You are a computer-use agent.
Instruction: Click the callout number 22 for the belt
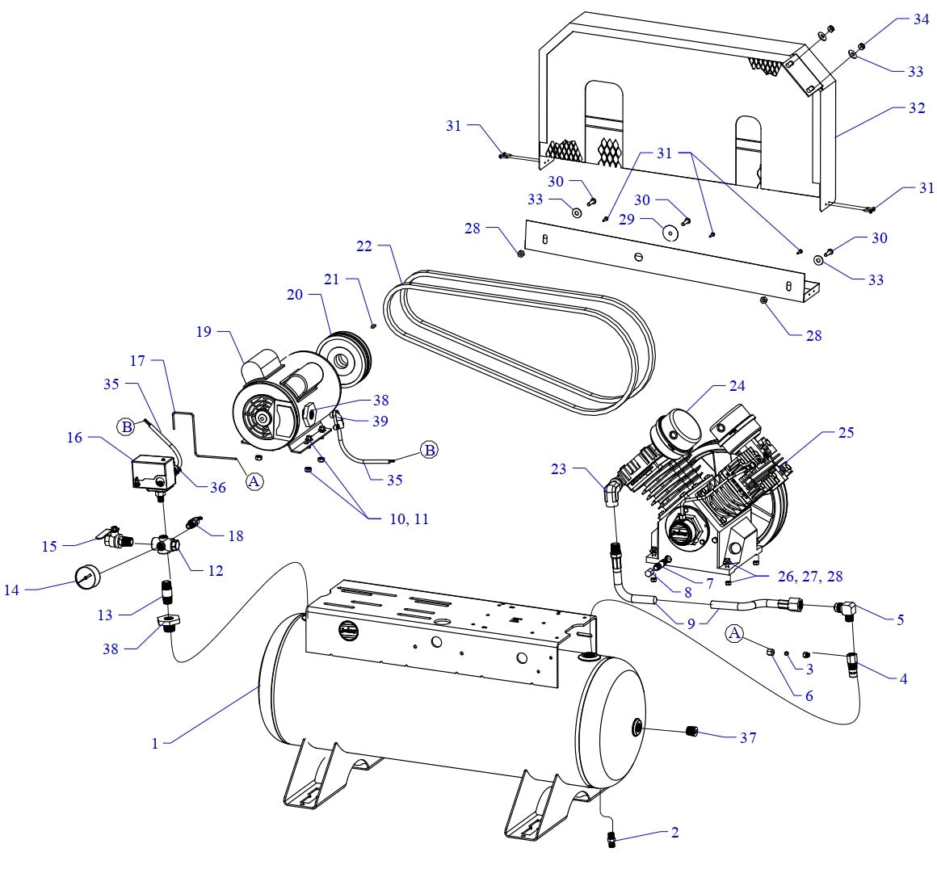(363, 246)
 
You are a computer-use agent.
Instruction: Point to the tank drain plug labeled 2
(611, 840)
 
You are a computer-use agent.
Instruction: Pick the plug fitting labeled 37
(691, 732)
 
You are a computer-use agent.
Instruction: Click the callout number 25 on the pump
(846, 433)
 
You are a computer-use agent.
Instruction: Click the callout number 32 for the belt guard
(916, 107)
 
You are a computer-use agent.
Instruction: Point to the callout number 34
(922, 20)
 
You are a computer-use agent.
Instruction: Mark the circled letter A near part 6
(734, 633)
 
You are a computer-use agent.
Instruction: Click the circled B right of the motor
(430, 450)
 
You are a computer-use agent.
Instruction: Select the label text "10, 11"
(410, 518)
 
